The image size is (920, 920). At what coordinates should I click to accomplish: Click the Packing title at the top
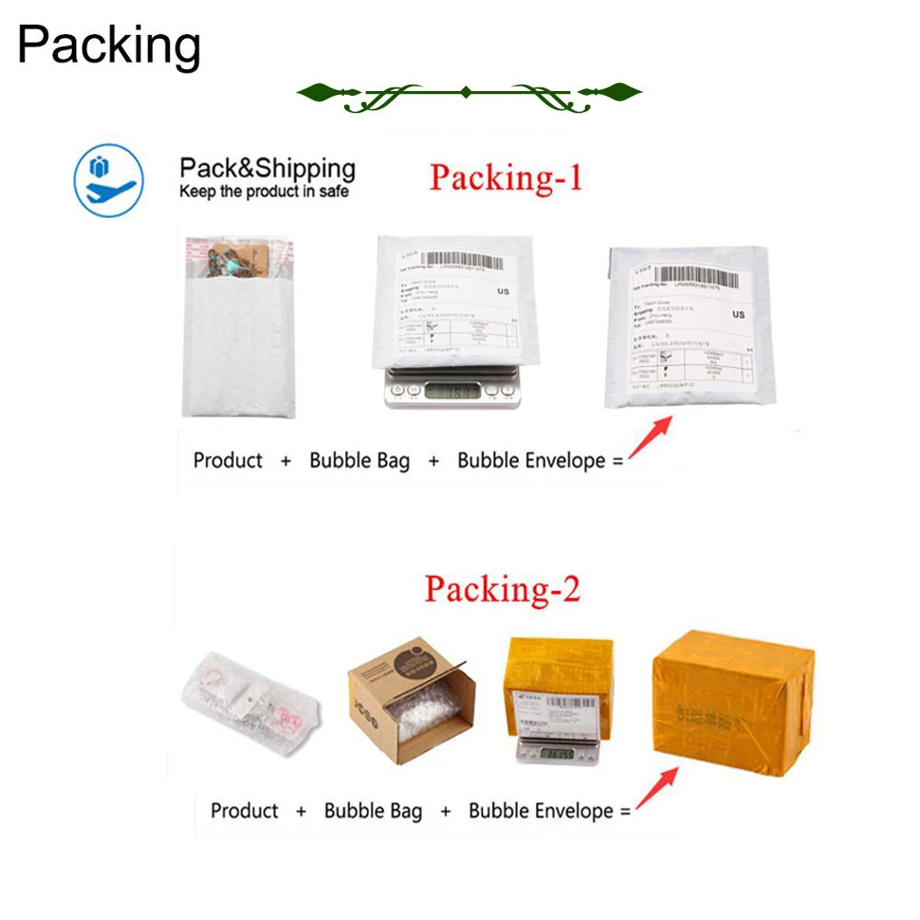tap(109, 46)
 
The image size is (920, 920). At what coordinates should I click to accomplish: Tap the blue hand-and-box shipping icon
tap(109, 181)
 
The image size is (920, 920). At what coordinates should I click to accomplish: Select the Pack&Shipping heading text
tap(267, 168)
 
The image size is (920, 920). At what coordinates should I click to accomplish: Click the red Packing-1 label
tap(506, 177)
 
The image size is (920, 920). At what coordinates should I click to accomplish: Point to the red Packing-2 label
tap(502, 589)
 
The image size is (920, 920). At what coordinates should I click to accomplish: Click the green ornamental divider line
tap(468, 93)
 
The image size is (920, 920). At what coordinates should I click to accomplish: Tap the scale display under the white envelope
tap(451, 390)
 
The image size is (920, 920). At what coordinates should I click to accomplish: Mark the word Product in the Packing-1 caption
tap(227, 460)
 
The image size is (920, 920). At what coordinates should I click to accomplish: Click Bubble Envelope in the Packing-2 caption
tap(541, 811)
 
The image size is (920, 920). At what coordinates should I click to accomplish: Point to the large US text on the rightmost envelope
tap(738, 315)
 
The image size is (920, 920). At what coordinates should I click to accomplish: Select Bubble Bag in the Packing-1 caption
tap(360, 460)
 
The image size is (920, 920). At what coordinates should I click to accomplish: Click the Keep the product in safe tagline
tap(264, 192)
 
